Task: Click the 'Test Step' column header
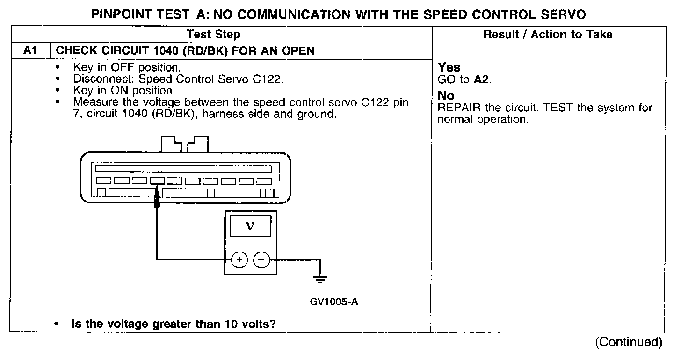(213, 34)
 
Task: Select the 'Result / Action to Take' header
(548, 34)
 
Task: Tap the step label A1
(30, 51)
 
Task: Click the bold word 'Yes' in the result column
(449, 68)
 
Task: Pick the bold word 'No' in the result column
(446, 96)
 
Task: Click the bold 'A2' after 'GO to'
(482, 79)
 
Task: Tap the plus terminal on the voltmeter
(239, 259)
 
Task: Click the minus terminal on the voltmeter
(261, 259)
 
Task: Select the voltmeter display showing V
(251, 226)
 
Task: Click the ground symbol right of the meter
(320, 279)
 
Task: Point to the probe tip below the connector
(157, 202)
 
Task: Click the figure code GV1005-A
(334, 302)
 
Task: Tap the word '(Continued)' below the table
(628, 342)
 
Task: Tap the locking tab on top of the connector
(185, 144)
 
